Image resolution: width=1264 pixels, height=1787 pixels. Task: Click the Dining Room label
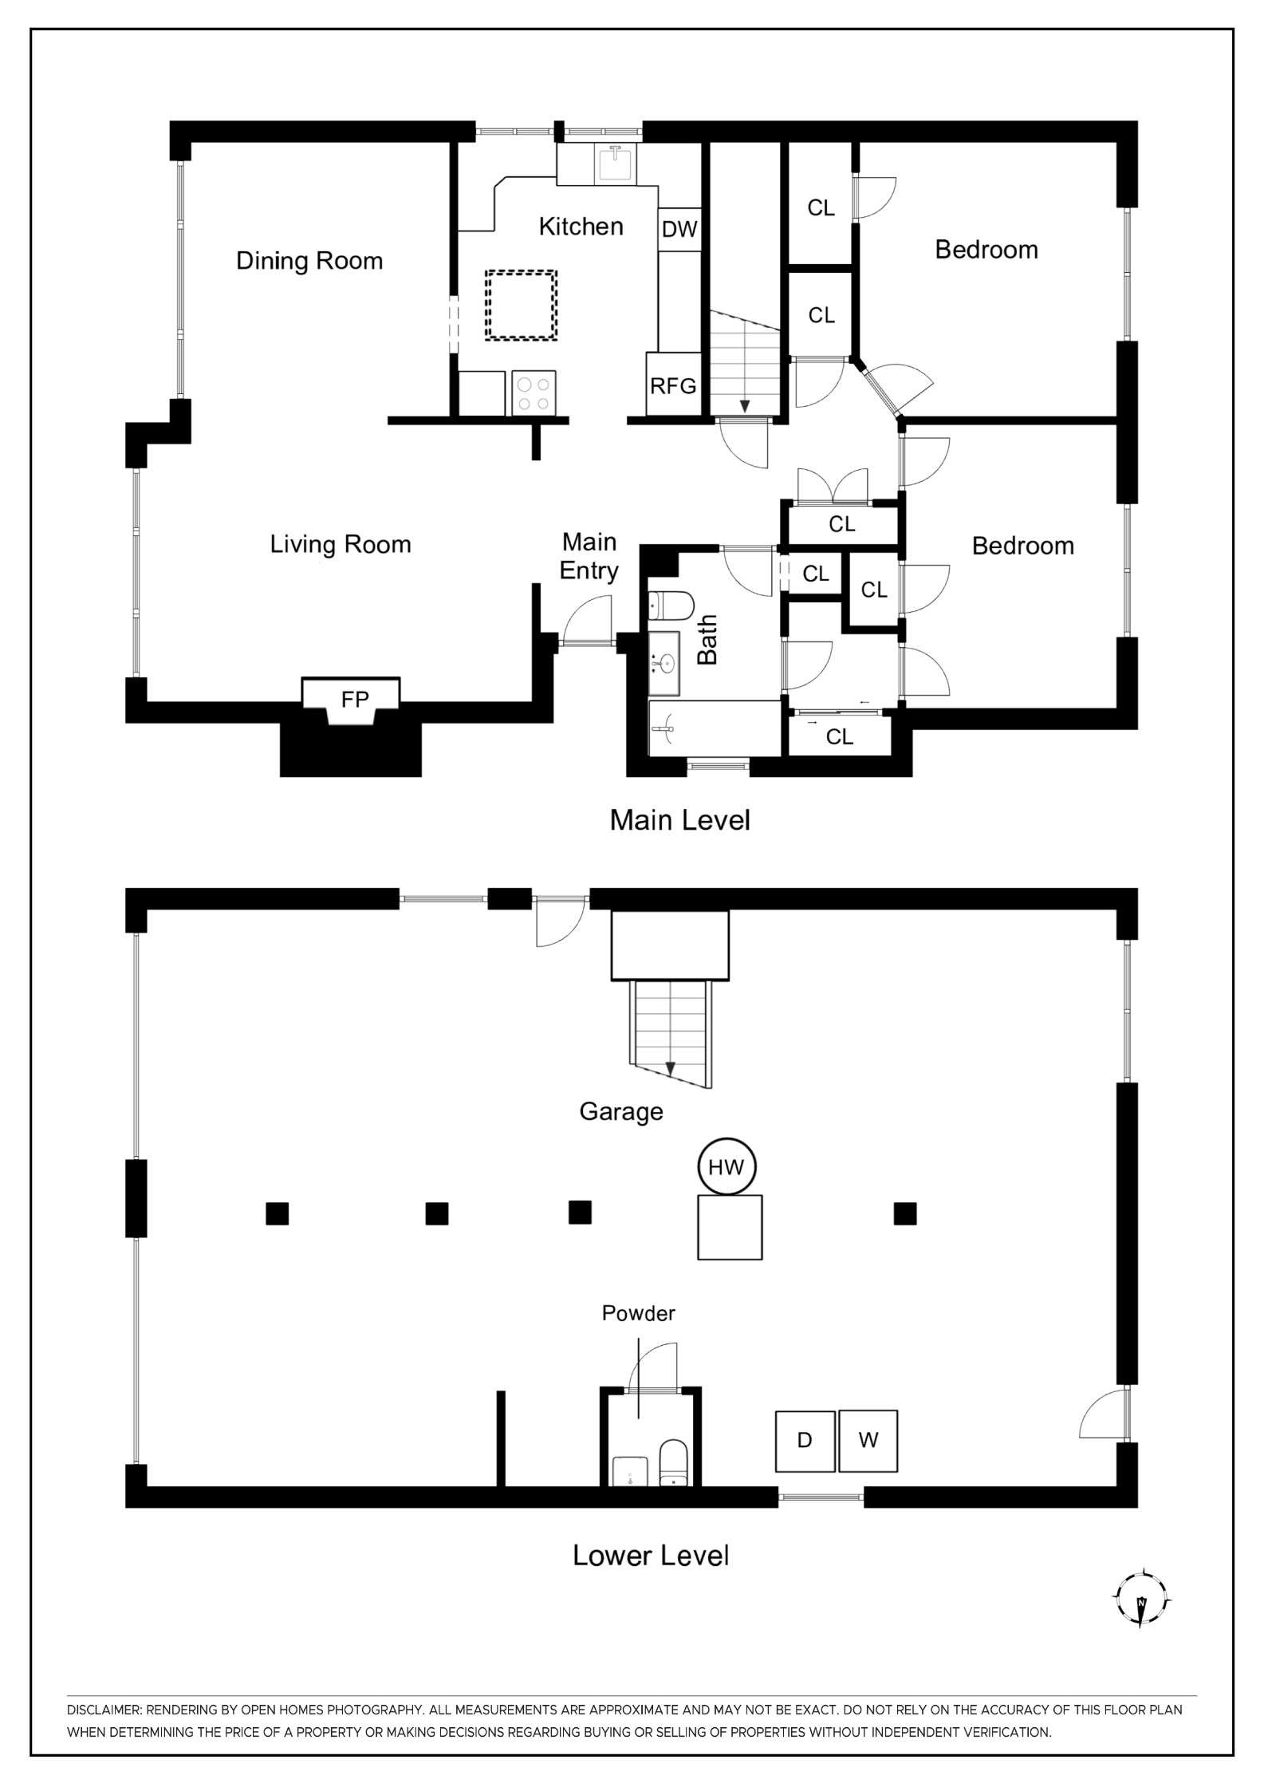click(309, 261)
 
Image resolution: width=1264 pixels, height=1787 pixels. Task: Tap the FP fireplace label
click(355, 700)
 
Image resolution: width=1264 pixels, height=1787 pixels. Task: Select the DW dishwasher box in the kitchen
click(679, 230)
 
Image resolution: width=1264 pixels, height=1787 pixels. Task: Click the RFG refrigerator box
click(673, 386)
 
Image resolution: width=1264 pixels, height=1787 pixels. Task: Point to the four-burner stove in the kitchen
click(534, 393)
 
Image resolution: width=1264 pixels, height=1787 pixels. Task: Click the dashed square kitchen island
click(521, 306)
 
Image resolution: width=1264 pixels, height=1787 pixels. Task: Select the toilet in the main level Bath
click(668, 606)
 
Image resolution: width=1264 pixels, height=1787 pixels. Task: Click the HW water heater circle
click(726, 1167)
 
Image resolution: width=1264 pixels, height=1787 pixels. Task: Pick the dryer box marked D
click(805, 1441)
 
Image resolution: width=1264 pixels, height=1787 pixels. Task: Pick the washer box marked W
click(868, 1441)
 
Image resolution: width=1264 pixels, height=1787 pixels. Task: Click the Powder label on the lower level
click(638, 1314)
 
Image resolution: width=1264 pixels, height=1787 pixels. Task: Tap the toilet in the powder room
click(674, 1464)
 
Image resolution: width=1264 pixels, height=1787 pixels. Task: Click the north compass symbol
click(1142, 1596)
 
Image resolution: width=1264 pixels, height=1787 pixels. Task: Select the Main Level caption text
click(679, 820)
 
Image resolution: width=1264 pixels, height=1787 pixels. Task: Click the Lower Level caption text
click(651, 1556)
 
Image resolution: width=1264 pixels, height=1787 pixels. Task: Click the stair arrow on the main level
click(744, 405)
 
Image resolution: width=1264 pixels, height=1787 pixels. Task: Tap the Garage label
click(620, 1112)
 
